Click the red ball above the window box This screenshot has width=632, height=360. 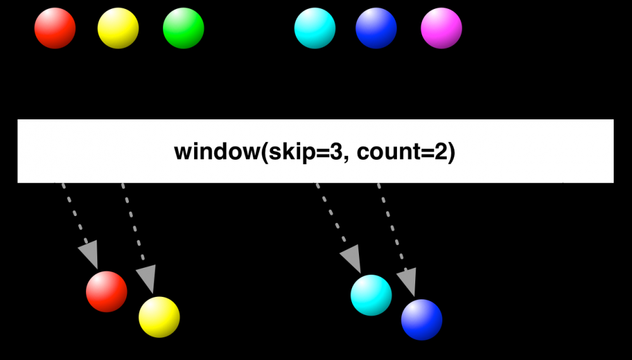coord(55,28)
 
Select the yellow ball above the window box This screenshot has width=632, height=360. coord(118,28)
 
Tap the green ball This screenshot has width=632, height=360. coord(183,28)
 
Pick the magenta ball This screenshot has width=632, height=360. coord(441,28)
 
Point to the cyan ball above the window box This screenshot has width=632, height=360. coord(315,28)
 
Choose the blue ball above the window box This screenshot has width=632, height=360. coord(376,28)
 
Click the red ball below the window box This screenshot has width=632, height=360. coord(106,292)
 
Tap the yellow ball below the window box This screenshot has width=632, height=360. coord(159,317)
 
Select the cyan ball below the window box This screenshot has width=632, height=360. coord(371,295)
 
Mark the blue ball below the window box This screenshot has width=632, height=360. coord(422,320)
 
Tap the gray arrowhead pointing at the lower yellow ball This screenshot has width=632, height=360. coord(147,278)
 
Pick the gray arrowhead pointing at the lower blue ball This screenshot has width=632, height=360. coord(408,281)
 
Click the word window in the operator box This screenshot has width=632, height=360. coord(217,152)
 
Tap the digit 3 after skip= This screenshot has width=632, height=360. coord(336,152)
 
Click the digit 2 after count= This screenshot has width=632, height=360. coord(440,152)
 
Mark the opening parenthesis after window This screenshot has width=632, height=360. coord(265,153)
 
